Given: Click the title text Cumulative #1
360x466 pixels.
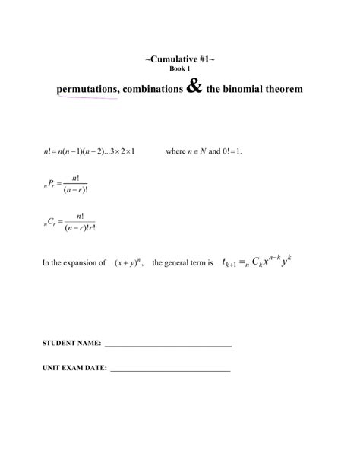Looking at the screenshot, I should [179, 59].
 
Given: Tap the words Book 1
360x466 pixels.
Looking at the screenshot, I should [179, 69].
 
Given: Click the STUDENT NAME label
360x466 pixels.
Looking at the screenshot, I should [71, 344].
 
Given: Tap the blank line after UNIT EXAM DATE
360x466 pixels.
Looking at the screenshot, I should [170, 370].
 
